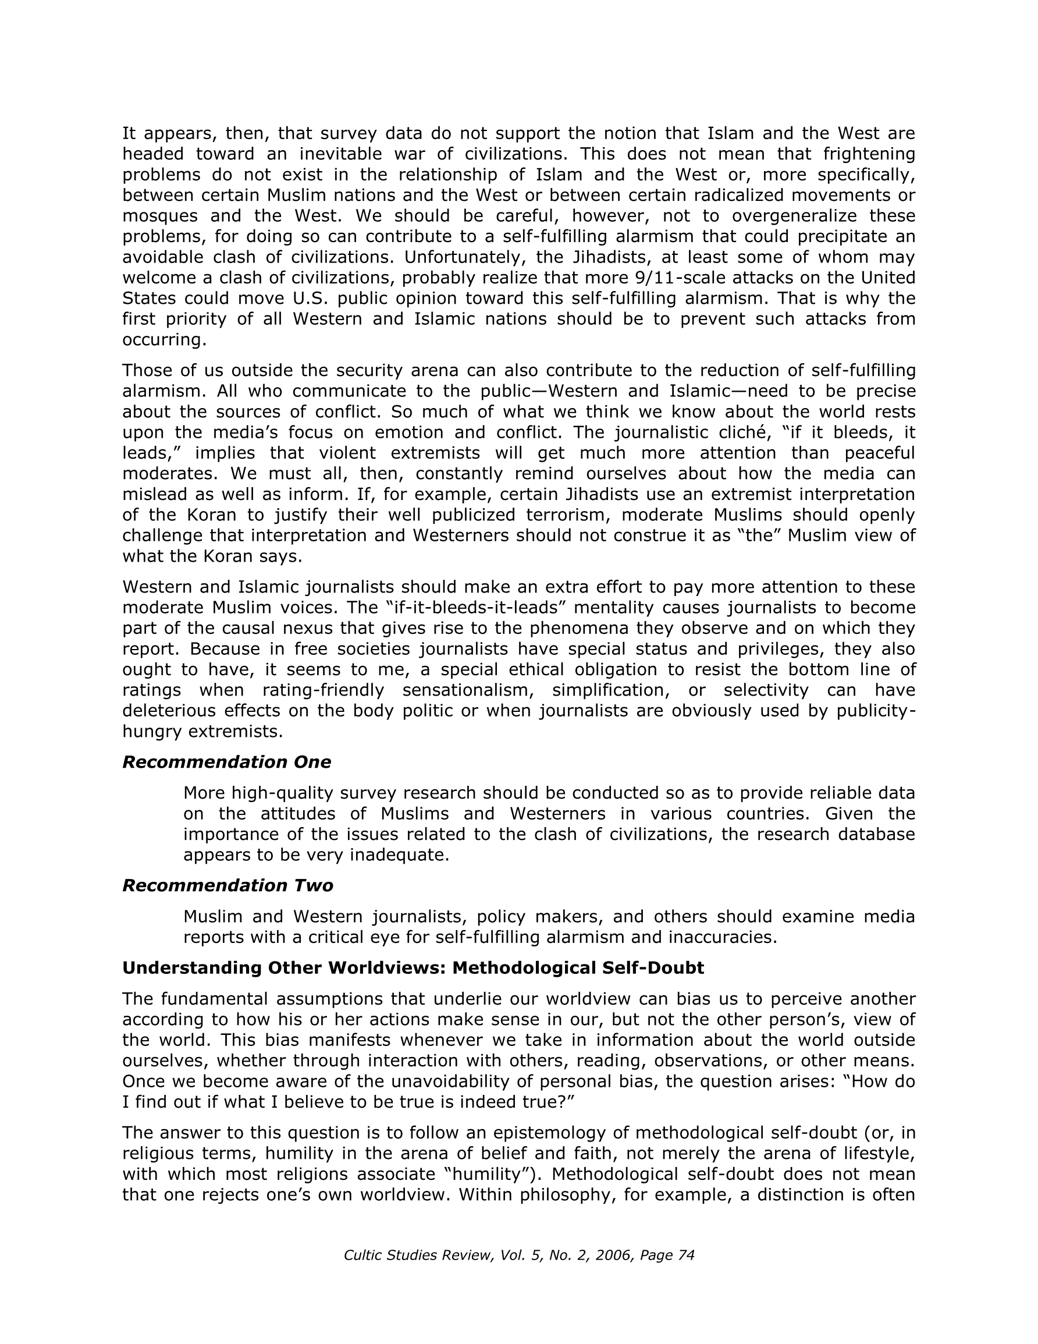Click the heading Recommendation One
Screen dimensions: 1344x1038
(x=226, y=763)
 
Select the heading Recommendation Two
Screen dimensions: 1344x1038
(x=227, y=885)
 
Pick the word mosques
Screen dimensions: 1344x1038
(x=159, y=216)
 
